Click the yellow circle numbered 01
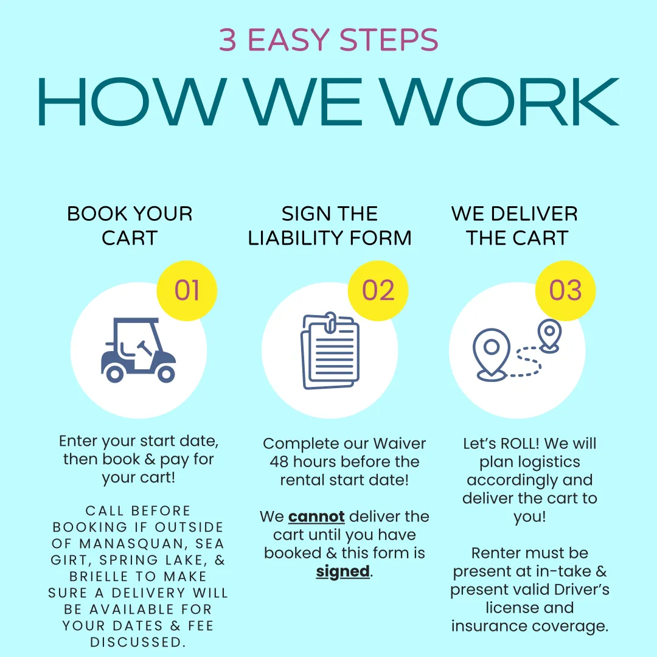187,291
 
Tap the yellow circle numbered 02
378,291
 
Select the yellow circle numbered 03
565,291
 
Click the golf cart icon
139,351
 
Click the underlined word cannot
316,517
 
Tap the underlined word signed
342,572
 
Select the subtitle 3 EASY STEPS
328,40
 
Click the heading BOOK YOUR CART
130,225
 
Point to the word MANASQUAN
130,543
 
